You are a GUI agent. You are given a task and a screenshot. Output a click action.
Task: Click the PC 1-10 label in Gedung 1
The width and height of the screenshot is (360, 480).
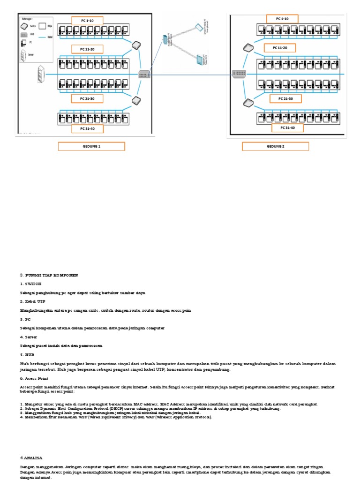(x=87, y=20)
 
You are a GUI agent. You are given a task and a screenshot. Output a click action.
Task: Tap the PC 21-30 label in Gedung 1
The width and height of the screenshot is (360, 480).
(x=87, y=98)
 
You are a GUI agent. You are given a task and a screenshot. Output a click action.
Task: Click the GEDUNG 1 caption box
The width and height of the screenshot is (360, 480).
(x=91, y=146)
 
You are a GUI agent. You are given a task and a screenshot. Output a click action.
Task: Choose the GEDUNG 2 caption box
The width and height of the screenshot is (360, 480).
(x=276, y=146)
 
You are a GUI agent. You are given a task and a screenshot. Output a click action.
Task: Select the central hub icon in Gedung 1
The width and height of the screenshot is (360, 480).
(x=144, y=74)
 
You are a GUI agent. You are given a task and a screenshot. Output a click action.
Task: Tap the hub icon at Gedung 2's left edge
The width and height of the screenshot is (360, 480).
(x=239, y=74)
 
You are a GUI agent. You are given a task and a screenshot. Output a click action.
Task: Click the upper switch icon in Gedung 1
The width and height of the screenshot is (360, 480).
(x=136, y=45)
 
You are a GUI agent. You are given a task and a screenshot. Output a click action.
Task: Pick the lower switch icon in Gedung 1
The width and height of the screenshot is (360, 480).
(x=136, y=100)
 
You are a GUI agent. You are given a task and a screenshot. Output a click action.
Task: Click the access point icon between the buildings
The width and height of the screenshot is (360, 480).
(x=165, y=39)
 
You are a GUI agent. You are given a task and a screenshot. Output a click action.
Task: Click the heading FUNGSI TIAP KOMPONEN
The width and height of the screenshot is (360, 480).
(x=51, y=275)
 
